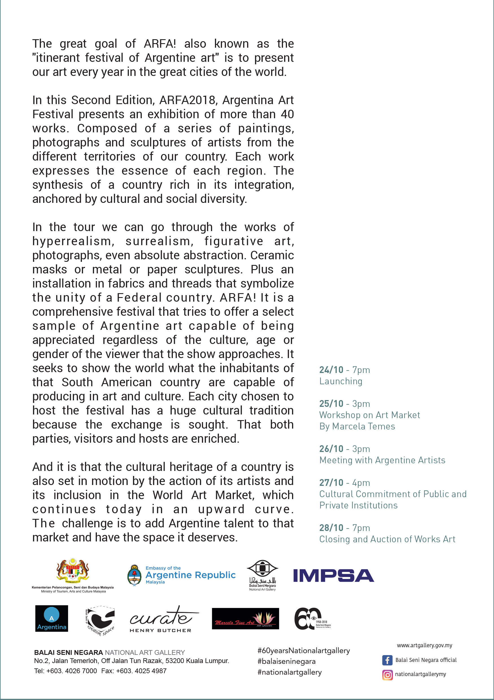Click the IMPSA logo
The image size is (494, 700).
(x=333, y=576)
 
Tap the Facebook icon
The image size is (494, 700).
(x=387, y=660)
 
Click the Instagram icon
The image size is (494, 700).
(x=387, y=675)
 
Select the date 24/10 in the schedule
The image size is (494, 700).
(x=331, y=370)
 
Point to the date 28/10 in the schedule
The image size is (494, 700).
(x=331, y=528)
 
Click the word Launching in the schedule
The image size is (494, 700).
(x=341, y=381)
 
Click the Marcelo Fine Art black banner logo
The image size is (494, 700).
(x=245, y=618)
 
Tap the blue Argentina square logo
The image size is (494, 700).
(x=52, y=618)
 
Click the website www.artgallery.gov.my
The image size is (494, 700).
(x=424, y=645)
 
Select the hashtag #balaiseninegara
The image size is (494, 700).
(x=286, y=661)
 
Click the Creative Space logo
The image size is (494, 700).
(x=100, y=620)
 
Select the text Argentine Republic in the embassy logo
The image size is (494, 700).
(x=190, y=575)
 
